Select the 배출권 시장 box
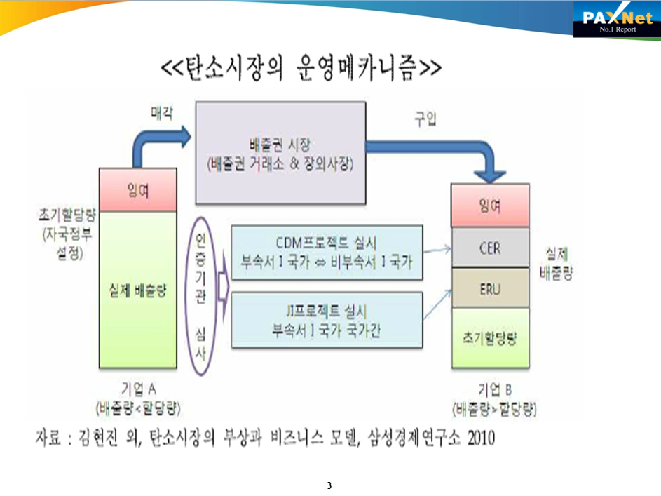[x=280, y=152]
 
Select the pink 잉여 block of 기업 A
[x=137, y=189]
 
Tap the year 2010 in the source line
[x=479, y=438]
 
